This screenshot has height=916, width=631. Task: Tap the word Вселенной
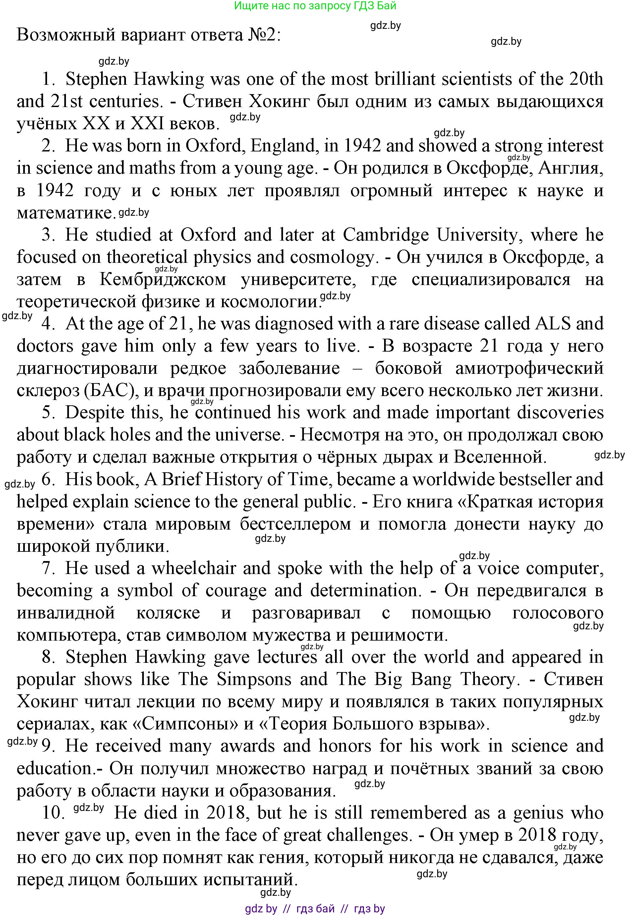[x=500, y=457]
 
